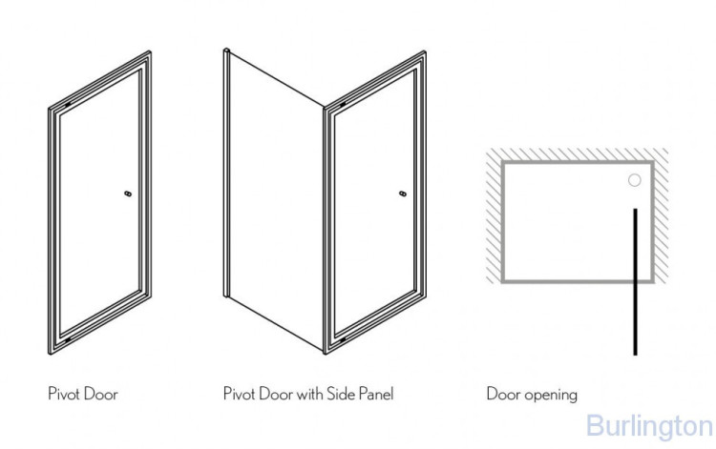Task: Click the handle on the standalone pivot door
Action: point(128,193)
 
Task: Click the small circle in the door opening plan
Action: point(635,179)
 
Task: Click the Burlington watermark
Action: point(649,425)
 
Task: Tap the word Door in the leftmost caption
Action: point(101,393)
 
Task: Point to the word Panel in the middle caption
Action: point(373,393)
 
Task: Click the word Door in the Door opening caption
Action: point(502,393)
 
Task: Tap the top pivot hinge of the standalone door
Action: point(71,102)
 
